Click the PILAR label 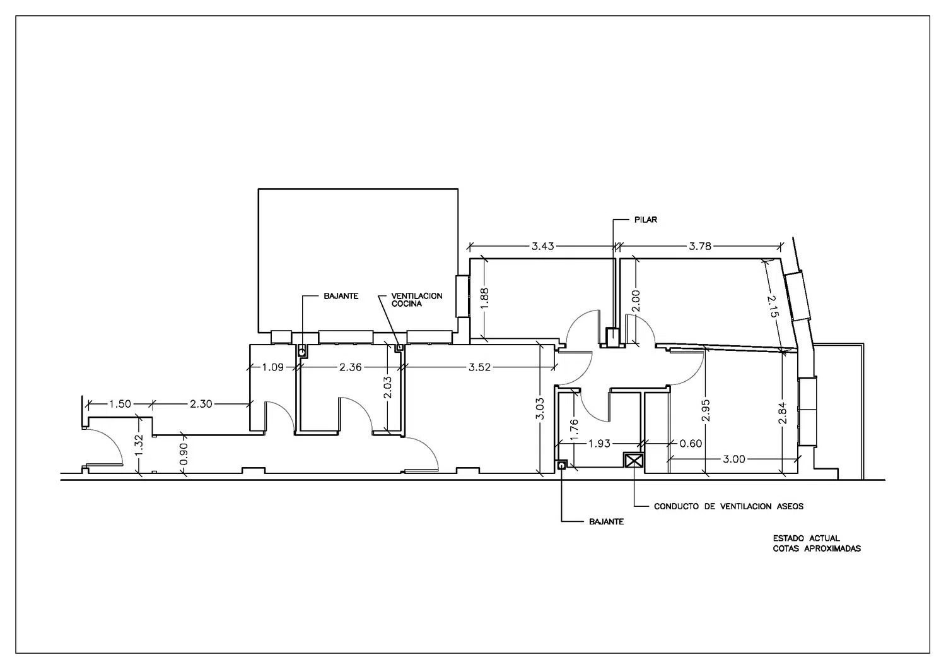coord(646,220)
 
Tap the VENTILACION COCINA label coord(417,300)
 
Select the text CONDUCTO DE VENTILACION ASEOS coord(728,506)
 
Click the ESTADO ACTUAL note coord(806,538)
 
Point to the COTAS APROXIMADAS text coord(817,549)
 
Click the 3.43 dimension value coord(542,246)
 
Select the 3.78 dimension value coord(700,246)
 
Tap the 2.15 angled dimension coord(773,306)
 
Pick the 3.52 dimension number coord(480,367)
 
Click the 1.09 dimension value coord(273,367)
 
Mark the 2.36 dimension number coord(351,367)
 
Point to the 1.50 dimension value coord(120,404)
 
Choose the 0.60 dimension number coord(691,444)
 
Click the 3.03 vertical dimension coord(539,409)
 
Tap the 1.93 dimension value coord(599,444)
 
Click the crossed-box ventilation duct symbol coord(633,460)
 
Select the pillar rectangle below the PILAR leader coord(612,337)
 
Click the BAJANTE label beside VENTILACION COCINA coord(341,296)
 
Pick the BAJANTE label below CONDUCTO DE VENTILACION coord(606,522)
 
